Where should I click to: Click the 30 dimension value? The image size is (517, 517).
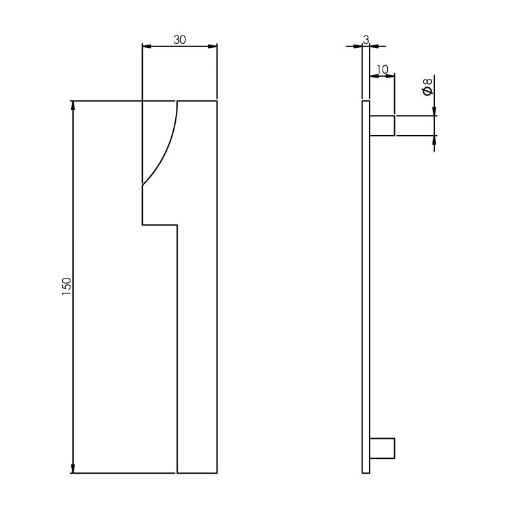[x=180, y=39]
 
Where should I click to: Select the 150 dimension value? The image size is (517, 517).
[x=67, y=286]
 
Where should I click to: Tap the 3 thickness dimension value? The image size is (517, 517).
[x=366, y=39]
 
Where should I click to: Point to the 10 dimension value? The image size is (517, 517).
[x=382, y=69]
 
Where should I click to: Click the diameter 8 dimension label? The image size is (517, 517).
[x=427, y=87]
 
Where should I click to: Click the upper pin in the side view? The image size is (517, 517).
[x=382, y=125]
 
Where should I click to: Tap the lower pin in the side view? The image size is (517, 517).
[x=382, y=448]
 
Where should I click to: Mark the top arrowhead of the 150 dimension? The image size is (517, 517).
[x=73, y=106]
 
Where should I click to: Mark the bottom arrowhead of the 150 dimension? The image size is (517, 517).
[x=73, y=468]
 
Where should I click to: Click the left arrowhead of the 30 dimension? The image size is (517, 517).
[x=147, y=46]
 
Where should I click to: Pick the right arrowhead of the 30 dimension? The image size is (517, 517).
[x=212, y=46]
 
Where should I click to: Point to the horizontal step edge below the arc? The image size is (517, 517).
[x=160, y=225]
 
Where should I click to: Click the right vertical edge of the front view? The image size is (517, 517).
[x=216, y=291]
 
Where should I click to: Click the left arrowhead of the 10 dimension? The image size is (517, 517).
[x=374, y=76]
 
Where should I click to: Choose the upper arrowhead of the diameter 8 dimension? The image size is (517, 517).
[x=434, y=111]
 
